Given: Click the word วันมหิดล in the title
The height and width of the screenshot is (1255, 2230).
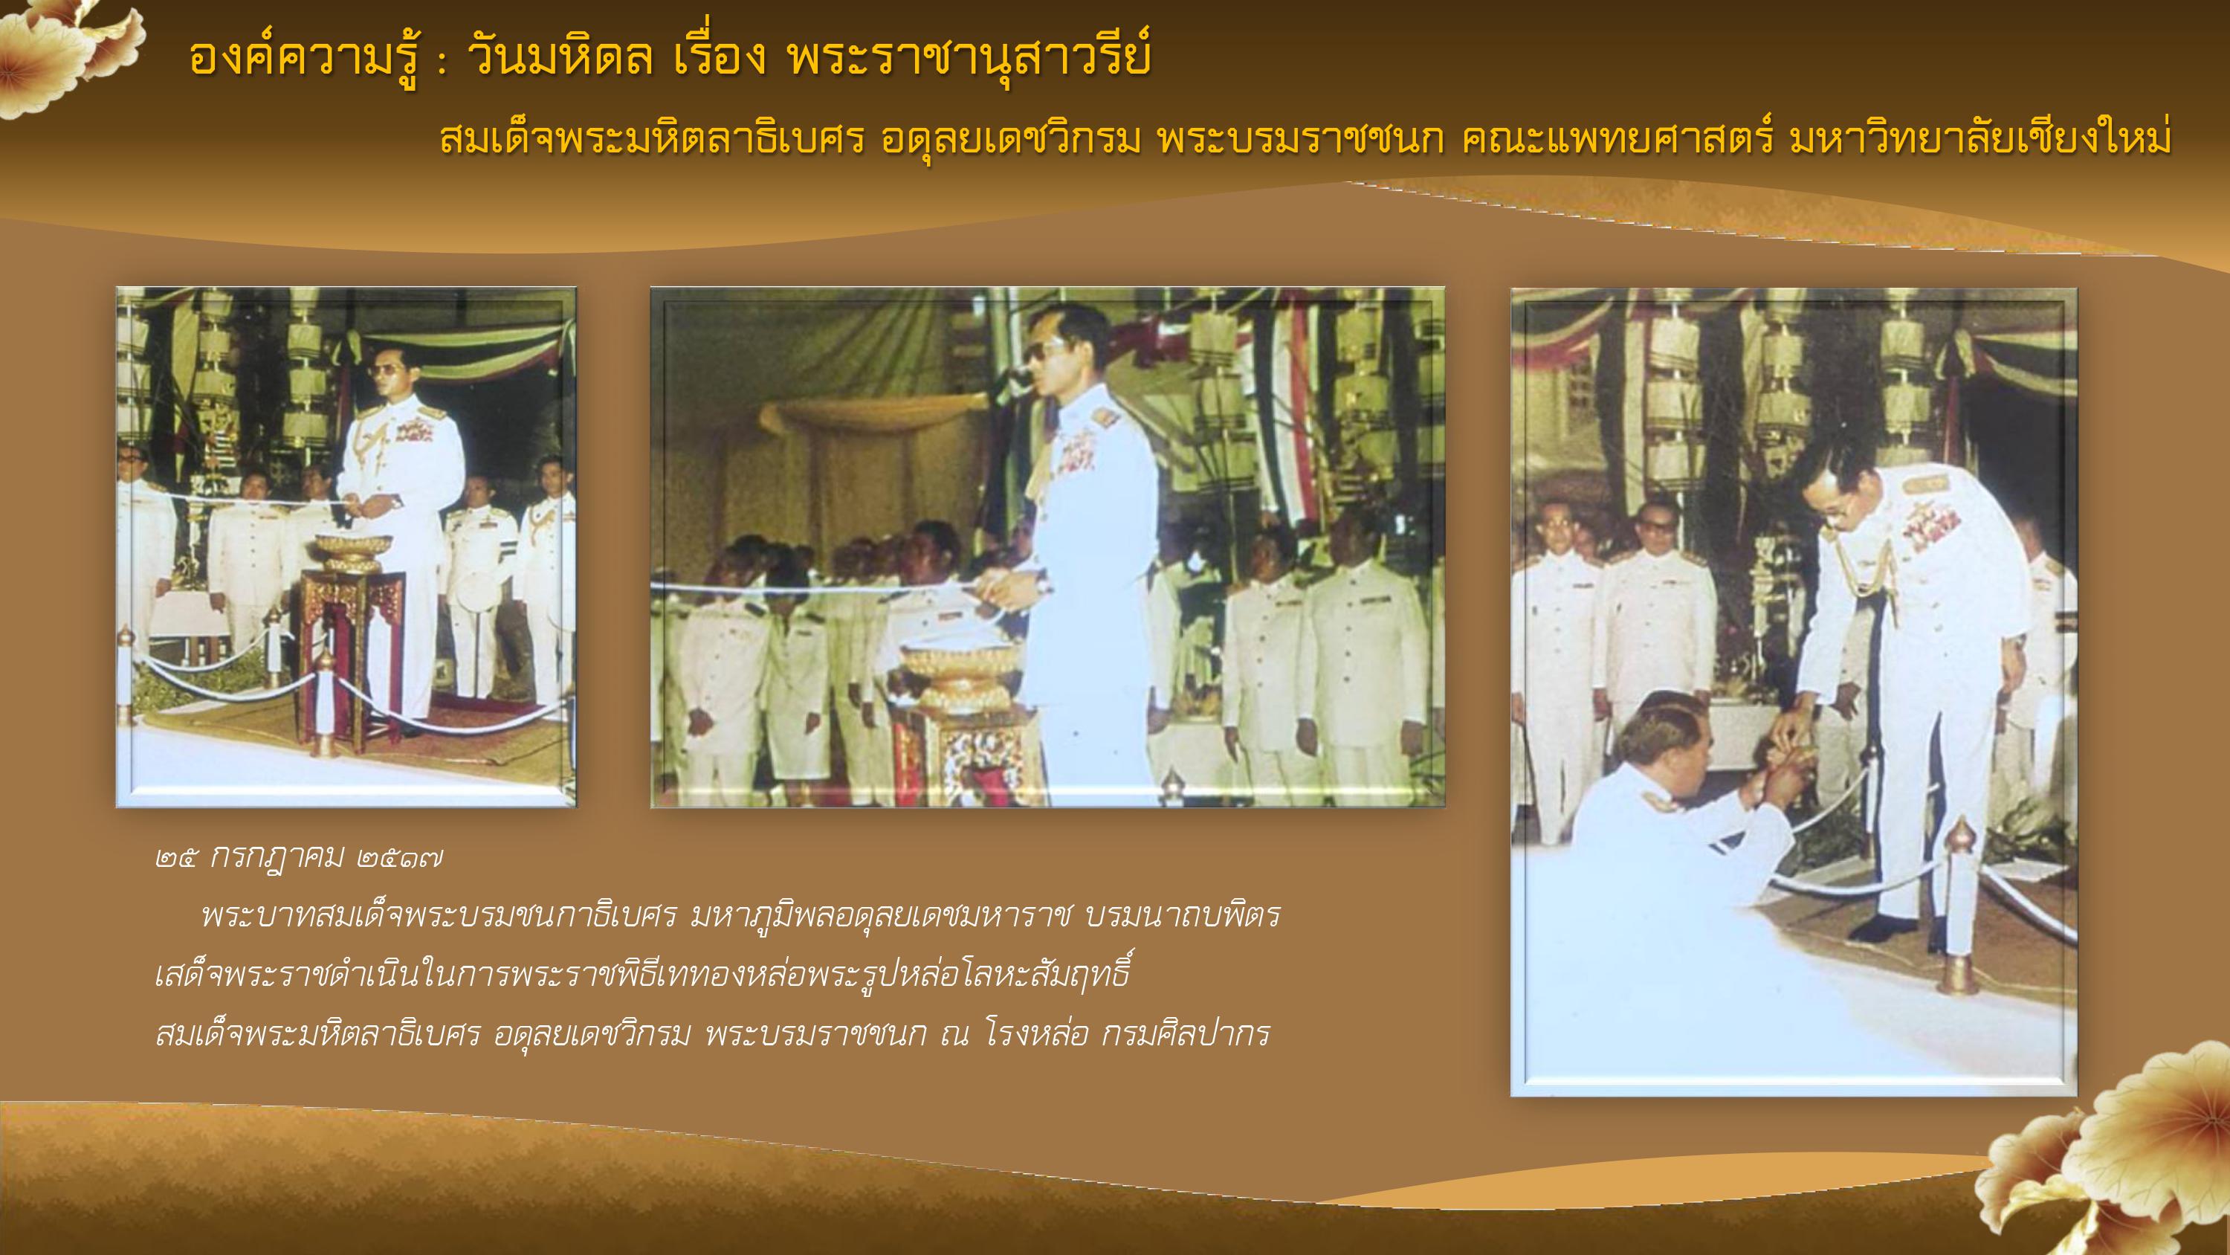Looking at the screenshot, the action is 559,59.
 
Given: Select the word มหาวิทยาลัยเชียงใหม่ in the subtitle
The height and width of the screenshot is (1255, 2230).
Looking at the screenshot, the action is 1979,138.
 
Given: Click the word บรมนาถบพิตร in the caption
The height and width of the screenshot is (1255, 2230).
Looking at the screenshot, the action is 1182,915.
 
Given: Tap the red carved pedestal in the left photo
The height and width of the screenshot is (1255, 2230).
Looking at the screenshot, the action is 351,658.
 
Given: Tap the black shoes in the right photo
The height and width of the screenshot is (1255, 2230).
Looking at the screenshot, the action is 1904,928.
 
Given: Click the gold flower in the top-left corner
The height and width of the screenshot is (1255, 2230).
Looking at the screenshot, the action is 65,52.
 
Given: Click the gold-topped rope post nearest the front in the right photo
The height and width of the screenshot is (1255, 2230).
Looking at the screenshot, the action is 1961,909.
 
